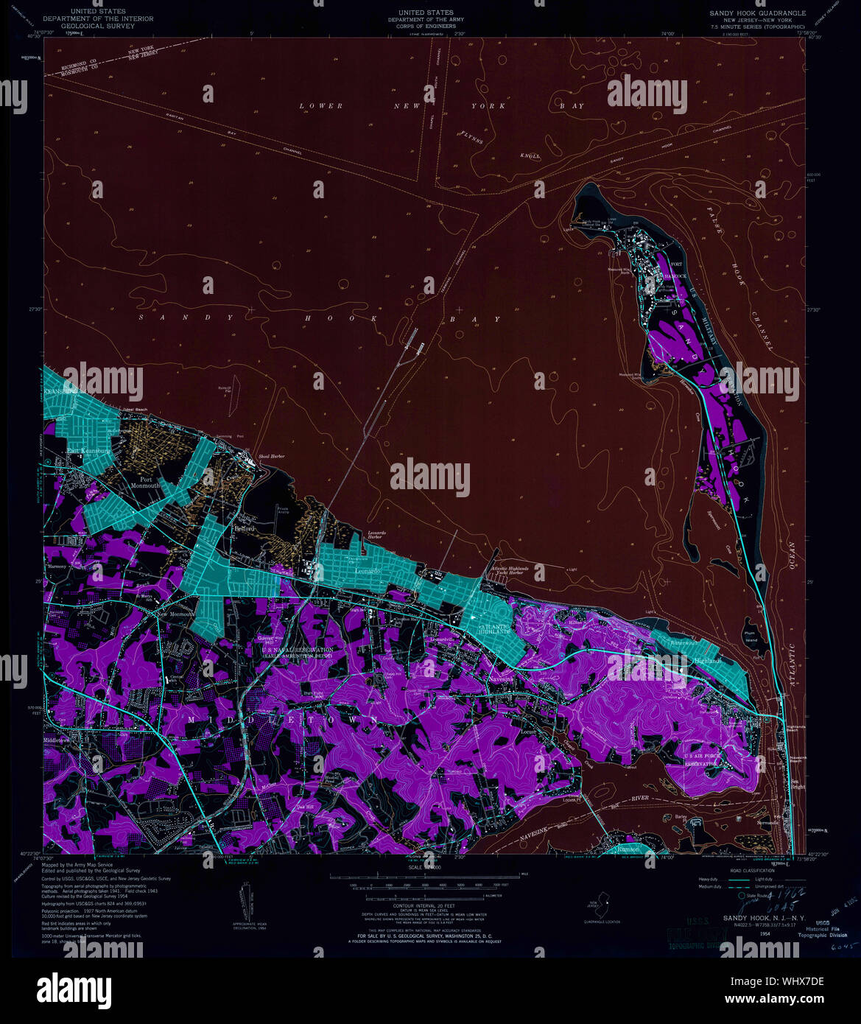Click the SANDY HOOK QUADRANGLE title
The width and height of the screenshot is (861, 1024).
757,13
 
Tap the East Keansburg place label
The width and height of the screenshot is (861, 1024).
88,451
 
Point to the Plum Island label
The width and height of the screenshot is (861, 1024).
751,637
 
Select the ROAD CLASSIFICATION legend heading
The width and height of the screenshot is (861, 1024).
741,870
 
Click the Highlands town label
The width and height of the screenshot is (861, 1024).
707,661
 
